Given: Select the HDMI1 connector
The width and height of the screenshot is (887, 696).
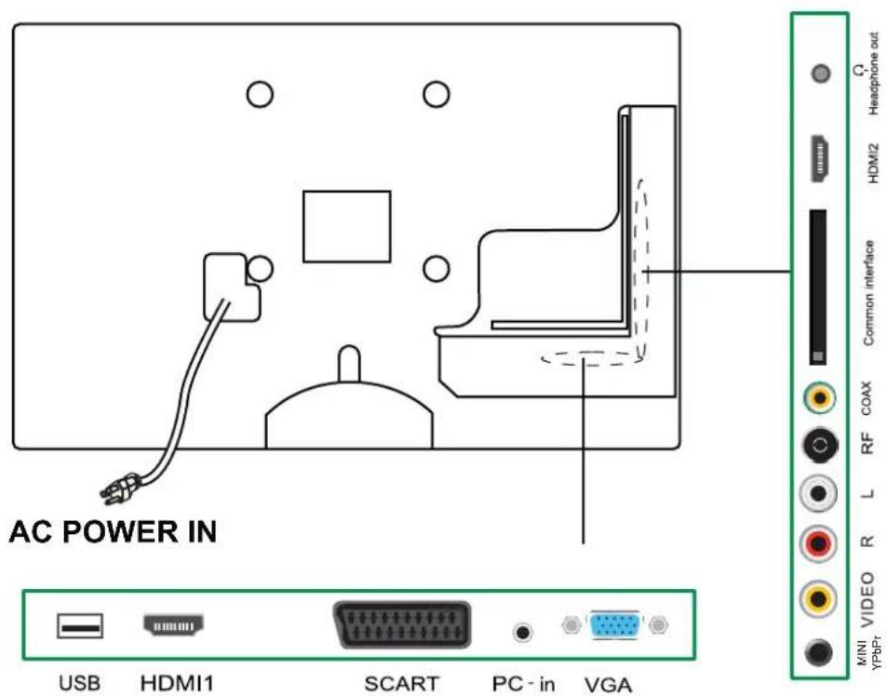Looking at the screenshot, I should pos(174,627).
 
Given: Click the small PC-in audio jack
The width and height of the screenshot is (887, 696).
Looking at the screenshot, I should pos(524,633).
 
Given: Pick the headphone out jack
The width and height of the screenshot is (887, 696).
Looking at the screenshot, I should pos(820,73).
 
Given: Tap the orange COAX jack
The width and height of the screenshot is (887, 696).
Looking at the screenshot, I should pos(819,399).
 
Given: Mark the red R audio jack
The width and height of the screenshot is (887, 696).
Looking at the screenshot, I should pos(819,542).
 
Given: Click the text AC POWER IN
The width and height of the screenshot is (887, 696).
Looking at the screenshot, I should pos(112,532).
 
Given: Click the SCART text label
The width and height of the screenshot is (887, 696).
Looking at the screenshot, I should pos(401,684).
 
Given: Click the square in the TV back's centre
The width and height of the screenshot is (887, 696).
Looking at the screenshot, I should pos(346,226).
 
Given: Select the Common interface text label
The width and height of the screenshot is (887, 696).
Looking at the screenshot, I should pos(868,292).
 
